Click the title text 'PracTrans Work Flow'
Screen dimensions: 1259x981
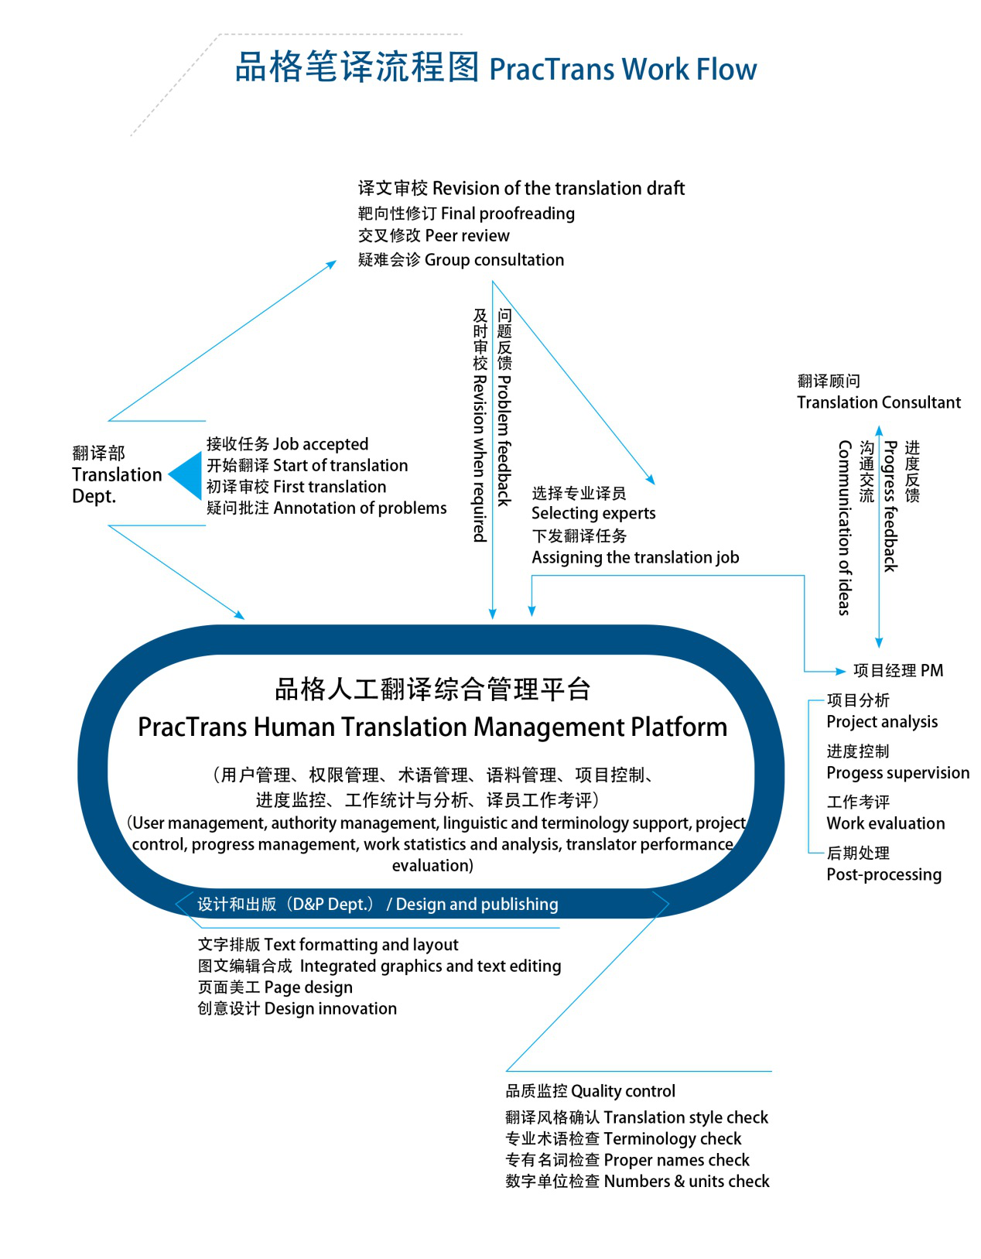[x=623, y=70]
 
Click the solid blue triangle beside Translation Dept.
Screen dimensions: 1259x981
[x=186, y=475]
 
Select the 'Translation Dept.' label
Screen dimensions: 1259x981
[x=117, y=475]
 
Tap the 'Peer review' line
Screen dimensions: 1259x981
[x=434, y=236]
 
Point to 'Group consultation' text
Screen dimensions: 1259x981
[x=461, y=260]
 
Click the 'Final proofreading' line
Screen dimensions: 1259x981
[x=467, y=214]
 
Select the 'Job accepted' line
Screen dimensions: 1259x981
[x=288, y=444]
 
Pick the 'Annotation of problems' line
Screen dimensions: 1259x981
[x=326, y=508]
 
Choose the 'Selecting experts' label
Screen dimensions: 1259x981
[x=593, y=514]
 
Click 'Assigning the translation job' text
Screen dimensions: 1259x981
[x=635, y=558]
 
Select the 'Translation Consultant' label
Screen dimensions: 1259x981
[x=879, y=402]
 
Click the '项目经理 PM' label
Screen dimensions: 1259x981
[x=898, y=671]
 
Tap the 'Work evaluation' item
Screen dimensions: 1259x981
[x=886, y=823]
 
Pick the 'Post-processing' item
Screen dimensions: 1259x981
[x=884, y=875]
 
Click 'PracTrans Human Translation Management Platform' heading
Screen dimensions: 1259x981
[x=432, y=727]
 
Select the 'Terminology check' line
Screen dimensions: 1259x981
[x=624, y=1139]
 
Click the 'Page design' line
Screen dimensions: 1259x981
[x=275, y=987]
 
